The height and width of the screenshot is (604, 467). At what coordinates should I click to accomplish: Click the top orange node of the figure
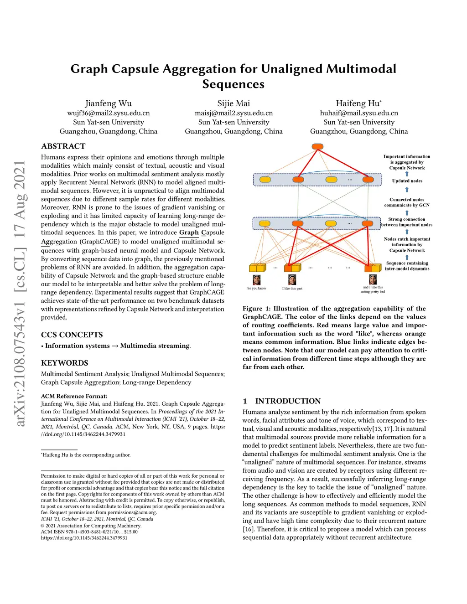(317, 147)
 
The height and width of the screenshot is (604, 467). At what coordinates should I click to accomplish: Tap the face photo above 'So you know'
(257, 279)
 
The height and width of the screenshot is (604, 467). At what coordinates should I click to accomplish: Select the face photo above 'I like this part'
(292, 279)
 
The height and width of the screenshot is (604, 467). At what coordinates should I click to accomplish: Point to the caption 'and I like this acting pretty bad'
(373, 289)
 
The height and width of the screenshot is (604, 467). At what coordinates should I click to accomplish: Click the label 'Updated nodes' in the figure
(407, 181)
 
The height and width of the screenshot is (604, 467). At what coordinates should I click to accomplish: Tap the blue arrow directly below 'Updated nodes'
(407, 190)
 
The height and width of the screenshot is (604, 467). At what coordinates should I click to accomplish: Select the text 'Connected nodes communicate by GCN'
(407, 202)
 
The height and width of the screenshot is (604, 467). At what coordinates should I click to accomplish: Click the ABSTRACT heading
(63, 146)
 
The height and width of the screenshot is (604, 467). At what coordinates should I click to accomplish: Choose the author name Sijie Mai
(233, 103)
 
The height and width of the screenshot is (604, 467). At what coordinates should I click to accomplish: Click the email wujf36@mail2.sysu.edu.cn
(109, 113)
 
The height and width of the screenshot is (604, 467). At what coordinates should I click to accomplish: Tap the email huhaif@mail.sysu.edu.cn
(359, 113)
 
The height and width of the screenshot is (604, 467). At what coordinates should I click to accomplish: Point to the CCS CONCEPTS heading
(72, 335)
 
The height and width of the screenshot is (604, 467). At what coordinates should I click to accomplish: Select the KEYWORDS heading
(64, 363)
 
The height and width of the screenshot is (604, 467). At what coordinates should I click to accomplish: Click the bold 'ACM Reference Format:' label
(74, 396)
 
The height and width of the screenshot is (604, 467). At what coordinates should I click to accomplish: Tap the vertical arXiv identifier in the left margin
(19, 294)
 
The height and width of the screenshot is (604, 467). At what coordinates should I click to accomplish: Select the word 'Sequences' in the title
(233, 84)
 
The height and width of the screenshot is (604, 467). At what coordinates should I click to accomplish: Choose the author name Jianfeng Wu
(108, 103)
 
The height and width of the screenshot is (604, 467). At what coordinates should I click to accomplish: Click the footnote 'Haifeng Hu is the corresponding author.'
(86, 455)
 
